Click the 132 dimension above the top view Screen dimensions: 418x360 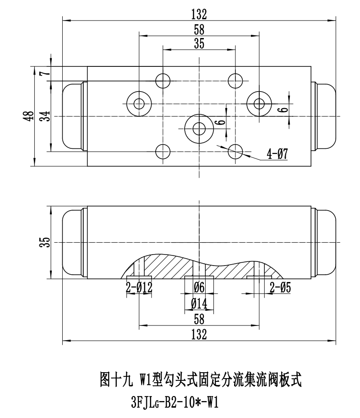(x=199, y=14)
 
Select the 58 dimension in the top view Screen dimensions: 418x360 (x=199, y=29)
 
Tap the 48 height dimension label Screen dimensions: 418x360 (x=30, y=116)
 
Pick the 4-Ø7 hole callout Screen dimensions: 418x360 (x=277, y=154)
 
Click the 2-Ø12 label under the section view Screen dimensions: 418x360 (x=139, y=288)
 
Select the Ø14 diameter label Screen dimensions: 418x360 (x=199, y=303)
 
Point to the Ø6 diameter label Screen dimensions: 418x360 (x=199, y=288)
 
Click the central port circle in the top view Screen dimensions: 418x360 (x=199, y=129)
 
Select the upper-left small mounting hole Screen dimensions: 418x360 (x=163, y=81)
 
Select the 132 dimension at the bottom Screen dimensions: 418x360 (x=199, y=334)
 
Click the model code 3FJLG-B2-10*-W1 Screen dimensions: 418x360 (x=174, y=403)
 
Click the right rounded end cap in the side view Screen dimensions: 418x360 (x=327, y=242)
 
